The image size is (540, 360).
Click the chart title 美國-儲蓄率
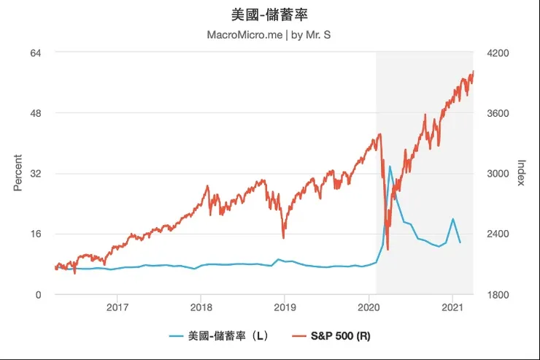(269, 15)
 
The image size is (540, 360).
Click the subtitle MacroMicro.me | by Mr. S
(269, 34)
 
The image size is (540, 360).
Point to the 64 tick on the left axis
(34, 53)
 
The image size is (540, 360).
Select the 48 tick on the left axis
(34, 113)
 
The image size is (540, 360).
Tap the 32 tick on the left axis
(34, 174)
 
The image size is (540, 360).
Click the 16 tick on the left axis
(34, 234)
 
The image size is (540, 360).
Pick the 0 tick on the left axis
(38, 294)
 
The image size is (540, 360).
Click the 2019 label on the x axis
(285, 307)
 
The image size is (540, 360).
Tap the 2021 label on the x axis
(452, 307)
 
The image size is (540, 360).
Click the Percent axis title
(18, 173)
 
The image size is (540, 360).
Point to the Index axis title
(521, 173)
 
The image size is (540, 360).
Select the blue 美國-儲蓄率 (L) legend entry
(219, 337)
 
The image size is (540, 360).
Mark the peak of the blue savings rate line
(390, 166)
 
